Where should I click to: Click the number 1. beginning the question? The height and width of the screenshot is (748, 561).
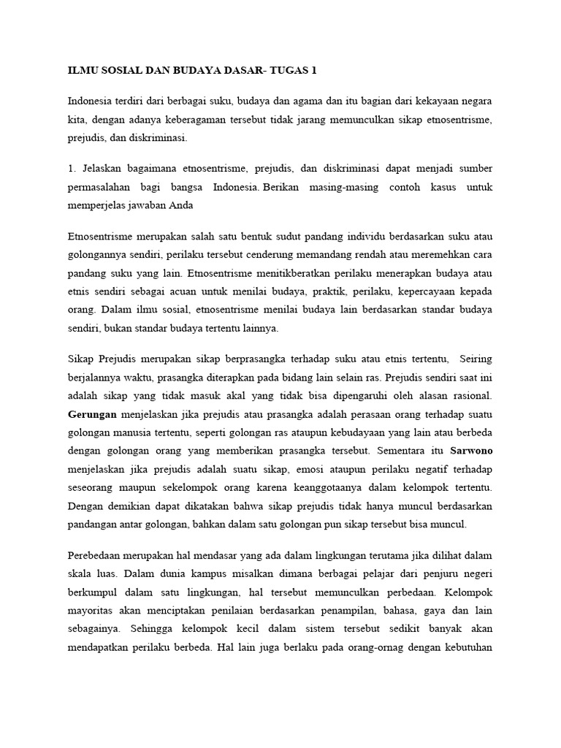(72, 168)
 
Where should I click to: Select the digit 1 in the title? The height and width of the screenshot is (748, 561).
(314, 70)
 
